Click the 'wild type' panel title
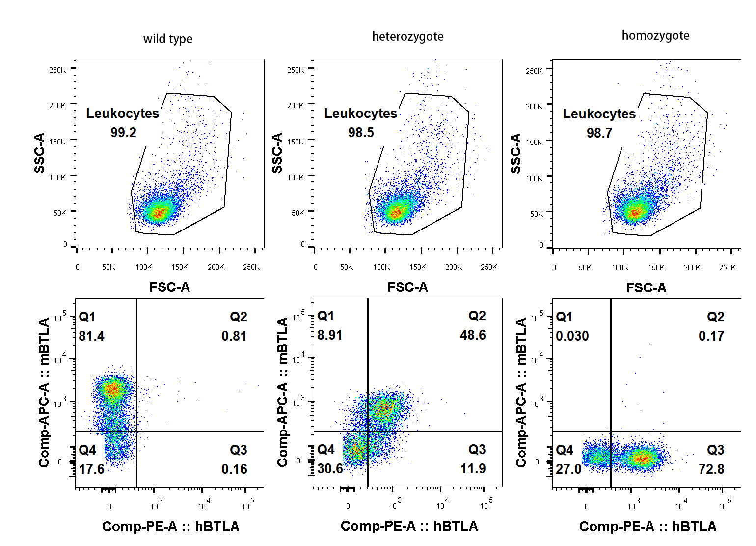167,39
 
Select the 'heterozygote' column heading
407,37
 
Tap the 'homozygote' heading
655,36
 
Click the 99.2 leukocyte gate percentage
123,133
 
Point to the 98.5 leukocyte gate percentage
361,133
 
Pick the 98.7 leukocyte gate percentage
599,133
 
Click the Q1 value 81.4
91,336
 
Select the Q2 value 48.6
473,335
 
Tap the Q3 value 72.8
711,469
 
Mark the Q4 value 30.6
330,469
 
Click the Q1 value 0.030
572,336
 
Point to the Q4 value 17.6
91,469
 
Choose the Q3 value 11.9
473,469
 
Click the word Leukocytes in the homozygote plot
599,114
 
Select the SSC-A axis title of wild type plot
40,153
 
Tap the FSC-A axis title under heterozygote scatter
407,287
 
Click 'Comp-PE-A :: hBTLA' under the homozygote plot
648,527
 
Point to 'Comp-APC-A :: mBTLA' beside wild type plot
44,393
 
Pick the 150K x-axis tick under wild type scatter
180,267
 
